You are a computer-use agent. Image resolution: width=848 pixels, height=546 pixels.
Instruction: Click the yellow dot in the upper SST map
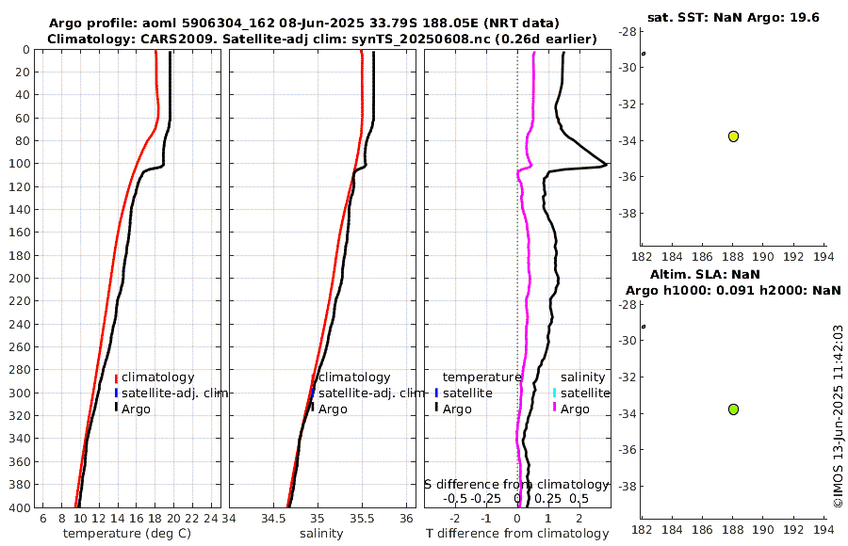[733, 136]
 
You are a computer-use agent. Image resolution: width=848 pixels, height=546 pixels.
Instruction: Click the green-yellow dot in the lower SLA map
[733, 409]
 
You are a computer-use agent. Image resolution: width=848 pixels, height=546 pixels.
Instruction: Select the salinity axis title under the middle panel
[321, 534]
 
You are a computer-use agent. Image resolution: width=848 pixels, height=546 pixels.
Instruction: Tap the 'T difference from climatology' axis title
[517, 534]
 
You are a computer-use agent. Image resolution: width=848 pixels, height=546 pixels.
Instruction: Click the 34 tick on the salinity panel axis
[229, 519]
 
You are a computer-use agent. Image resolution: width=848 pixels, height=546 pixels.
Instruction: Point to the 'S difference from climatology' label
[516, 483]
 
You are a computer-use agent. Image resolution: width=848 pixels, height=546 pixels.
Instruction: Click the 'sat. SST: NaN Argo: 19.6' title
[733, 17]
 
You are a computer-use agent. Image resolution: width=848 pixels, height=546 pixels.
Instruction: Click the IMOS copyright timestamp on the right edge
[838, 416]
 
